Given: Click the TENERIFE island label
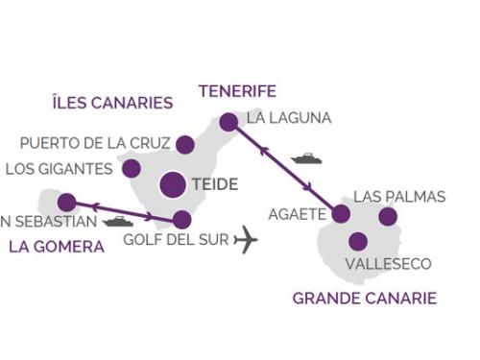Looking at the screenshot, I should click(237, 91).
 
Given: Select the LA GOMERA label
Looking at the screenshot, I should click(56, 247).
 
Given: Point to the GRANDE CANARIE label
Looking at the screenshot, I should click(364, 299).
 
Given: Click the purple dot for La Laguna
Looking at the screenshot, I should click(228, 122).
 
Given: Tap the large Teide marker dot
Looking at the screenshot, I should click(174, 184).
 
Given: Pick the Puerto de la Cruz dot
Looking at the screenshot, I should click(185, 145).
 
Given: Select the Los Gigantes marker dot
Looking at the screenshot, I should click(132, 169).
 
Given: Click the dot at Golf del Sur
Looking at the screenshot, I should click(182, 219).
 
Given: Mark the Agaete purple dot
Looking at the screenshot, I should click(340, 214).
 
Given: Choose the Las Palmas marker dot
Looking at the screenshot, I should click(387, 217).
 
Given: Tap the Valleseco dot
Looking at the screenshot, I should click(358, 241).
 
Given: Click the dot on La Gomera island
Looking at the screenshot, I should click(66, 203).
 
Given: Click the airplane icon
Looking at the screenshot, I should click(246, 239).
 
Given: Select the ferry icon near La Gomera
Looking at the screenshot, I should click(117, 221).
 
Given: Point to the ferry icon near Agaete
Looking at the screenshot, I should click(306, 158).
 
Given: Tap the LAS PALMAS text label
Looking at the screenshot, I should click(399, 197).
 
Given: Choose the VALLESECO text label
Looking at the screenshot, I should click(388, 264).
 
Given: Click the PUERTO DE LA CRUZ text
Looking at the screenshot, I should click(95, 144).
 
